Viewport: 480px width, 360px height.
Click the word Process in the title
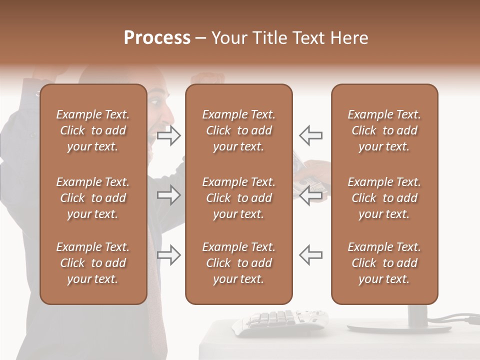pos(157,38)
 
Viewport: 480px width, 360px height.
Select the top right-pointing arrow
pos(169,135)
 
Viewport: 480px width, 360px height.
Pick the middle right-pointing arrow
pos(169,195)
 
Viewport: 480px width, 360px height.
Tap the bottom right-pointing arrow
pos(169,254)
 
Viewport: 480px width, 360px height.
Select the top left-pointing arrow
pos(311,135)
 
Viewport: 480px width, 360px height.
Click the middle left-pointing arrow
pos(311,195)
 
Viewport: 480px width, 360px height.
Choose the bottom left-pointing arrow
pos(311,254)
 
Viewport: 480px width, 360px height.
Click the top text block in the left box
pos(93,130)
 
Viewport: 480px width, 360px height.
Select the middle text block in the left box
pos(93,198)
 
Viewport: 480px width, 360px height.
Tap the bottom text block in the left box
pos(93,263)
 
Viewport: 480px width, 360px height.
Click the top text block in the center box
pos(238,130)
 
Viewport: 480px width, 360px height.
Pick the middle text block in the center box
pos(238,198)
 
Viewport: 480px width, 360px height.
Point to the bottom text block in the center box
pos(238,263)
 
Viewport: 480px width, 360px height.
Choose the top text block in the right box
pos(384,130)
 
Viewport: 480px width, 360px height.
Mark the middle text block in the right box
pos(384,198)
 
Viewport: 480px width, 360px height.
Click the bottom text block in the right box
pos(384,263)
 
